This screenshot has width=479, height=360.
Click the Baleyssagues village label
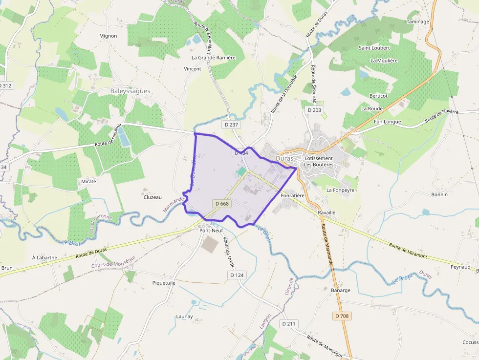click(x=130, y=91)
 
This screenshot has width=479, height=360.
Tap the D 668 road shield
click(x=221, y=203)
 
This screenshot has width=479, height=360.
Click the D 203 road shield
click(x=315, y=110)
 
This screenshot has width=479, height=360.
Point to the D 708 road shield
click(x=342, y=316)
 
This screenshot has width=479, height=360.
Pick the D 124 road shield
click(x=237, y=275)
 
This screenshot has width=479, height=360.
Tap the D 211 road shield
click(x=289, y=323)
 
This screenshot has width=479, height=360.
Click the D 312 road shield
click(x=5, y=85)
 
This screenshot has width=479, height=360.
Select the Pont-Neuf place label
click(x=212, y=230)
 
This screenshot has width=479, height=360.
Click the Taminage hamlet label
click(x=417, y=22)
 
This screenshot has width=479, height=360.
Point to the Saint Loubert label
click(x=374, y=48)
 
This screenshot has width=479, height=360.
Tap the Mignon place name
click(x=108, y=36)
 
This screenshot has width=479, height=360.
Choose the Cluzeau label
click(x=152, y=197)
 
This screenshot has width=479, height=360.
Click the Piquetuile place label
click(x=164, y=283)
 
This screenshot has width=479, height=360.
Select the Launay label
click(x=184, y=317)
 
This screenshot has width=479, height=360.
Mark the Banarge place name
click(x=341, y=290)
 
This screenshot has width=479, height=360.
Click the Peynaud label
click(x=460, y=267)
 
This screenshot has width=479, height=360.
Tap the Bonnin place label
click(x=439, y=194)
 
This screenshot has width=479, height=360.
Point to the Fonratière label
click(x=293, y=195)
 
